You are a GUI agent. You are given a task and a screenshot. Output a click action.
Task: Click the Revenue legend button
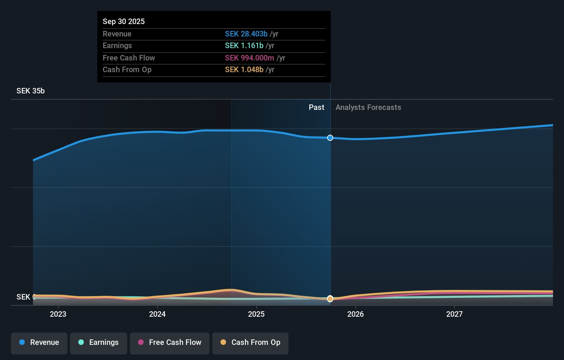click(x=39, y=342)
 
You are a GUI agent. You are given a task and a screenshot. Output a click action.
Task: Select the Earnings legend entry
click(x=99, y=342)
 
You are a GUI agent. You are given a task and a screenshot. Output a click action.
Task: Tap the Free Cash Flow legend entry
click(x=170, y=342)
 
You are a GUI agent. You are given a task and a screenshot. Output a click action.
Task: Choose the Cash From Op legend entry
click(x=250, y=342)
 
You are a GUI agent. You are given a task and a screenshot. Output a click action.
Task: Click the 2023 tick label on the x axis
click(x=58, y=314)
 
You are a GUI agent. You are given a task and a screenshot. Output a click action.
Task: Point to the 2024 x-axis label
click(x=157, y=314)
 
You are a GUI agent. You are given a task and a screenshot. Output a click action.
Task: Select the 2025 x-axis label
click(x=256, y=314)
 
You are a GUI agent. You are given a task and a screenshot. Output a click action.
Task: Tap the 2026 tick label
click(x=356, y=314)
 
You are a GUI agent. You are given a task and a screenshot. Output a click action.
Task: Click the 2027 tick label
click(x=454, y=314)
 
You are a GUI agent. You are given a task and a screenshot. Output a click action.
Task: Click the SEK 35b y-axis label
click(x=31, y=91)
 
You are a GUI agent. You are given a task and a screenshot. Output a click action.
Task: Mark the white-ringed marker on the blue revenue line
click(x=330, y=138)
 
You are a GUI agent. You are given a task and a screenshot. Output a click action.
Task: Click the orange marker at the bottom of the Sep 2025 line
click(x=330, y=299)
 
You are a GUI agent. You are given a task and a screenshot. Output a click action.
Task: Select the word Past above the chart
click(x=316, y=108)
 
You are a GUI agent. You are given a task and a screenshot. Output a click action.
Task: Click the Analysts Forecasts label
click(x=368, y=108)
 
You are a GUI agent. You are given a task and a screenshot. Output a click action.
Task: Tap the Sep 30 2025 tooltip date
click(x=124, y=21)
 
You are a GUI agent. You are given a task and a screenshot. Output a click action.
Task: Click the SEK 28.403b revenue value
click(x=246, y=34)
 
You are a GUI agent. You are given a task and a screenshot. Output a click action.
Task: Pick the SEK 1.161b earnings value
click(x=244, y=46)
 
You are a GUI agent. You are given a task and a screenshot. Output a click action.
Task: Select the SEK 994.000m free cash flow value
click(x=249, y=58)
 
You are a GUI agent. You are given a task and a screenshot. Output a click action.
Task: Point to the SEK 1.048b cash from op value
click(x=244, y=70)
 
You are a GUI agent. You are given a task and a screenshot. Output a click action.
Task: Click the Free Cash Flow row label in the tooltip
click(x=129, y=58)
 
